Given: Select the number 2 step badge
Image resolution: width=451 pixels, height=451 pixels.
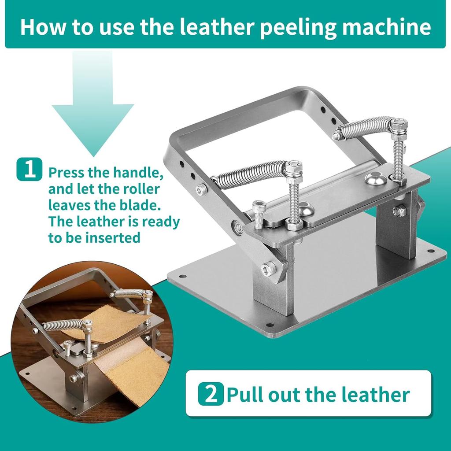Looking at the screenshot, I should pyautogui.click(x=211, y=394).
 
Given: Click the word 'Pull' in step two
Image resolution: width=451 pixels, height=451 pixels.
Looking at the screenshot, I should pyautogui.click(x=244, y=394).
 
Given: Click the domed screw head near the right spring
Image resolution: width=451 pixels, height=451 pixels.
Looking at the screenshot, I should pyautogui.click(x=376, y=178).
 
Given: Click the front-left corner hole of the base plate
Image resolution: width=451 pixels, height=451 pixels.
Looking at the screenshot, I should pyautogui.click(x=182, y=277).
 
